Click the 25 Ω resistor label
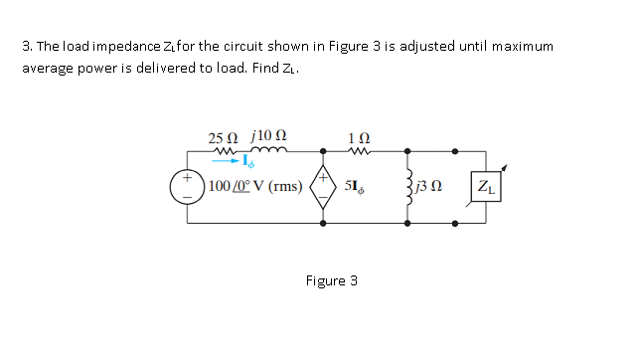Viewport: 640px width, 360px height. coord(223,137)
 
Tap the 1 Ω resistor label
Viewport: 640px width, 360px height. coord(359,137)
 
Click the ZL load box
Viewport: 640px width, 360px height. coord(487,186)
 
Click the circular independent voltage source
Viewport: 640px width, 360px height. coord(187,187)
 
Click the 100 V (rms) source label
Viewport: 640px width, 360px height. coord(256,187)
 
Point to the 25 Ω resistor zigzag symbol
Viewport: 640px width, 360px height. coord(222,151)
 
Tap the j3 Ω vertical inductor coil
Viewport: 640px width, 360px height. coord(407,186)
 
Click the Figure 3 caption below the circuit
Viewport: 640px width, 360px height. coord(331,279)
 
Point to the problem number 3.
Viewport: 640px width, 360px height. coord(25,47)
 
